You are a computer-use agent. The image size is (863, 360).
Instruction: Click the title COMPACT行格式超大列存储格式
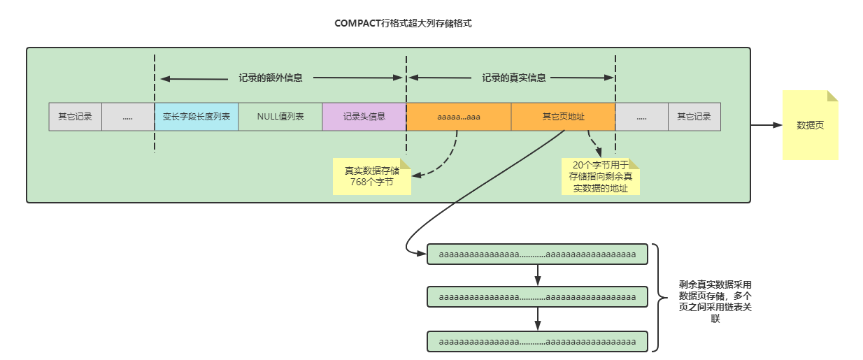coord(404,23)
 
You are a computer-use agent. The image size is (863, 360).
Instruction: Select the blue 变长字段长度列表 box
coord(197,117)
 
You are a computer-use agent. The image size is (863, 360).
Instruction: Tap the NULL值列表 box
coord(280,117)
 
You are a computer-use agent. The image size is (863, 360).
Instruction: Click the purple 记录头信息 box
coord(364,117)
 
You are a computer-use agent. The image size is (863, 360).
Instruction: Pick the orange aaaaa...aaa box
coord(459,117)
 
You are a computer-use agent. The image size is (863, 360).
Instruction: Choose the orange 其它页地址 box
coord(564,117)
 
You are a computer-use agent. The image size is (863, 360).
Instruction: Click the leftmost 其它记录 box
coord(75,117)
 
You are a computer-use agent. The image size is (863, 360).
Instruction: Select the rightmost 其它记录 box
coord(694,117)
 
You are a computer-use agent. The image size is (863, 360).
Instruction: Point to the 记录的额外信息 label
coord(271,78)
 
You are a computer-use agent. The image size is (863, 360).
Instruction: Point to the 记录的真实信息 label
coord(514,78)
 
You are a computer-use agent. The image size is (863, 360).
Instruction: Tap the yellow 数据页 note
coord(810,126)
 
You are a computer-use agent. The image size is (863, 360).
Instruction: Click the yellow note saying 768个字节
coord(371,176)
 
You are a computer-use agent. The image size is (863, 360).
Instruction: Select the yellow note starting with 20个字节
coord(601,177)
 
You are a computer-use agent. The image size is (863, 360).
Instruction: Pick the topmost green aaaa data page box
coord(537,254)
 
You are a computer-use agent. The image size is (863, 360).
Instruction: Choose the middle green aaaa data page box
coord(537,298)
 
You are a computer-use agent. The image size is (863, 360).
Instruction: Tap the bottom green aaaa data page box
coord(537,341)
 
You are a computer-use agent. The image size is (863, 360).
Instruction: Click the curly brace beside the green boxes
coord(659,297)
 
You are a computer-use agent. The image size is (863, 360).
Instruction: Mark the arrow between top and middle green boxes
coord(537,276)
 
